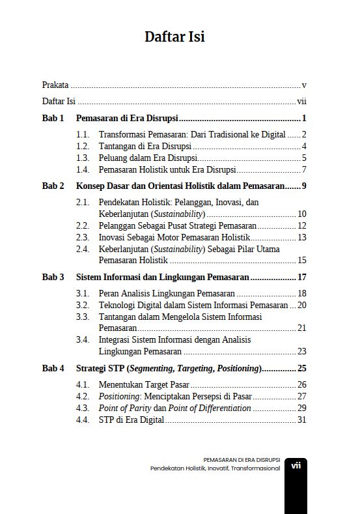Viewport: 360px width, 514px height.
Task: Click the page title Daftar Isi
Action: point(174,37)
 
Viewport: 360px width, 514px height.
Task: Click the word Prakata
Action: point(55,85)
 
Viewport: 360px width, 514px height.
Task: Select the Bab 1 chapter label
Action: point(53,119)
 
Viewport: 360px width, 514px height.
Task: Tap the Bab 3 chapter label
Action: point(53,277)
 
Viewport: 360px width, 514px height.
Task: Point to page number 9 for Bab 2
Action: point(304,186)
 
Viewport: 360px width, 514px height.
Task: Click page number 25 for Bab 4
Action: point(301,368)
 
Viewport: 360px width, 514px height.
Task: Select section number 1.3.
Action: point(82,158)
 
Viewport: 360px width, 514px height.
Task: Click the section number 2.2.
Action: point(82,225)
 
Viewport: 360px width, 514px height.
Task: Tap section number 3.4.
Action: point(82,339)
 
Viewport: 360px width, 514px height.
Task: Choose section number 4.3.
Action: point(82,408)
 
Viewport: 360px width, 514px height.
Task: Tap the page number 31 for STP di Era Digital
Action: point(301,420)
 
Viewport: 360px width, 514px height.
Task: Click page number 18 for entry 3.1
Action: point(301,293)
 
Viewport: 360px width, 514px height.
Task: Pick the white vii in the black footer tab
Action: point(296,465)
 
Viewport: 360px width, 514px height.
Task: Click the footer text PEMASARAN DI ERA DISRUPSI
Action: point(242,459)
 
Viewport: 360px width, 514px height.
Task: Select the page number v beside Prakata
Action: point(304,85)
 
